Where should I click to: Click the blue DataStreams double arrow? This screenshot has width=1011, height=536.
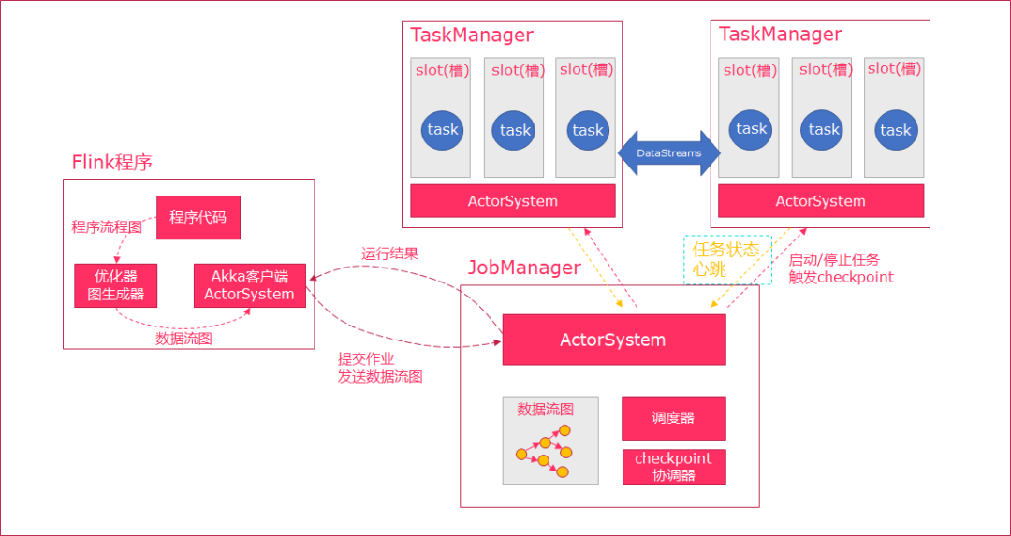[x=668, y=152]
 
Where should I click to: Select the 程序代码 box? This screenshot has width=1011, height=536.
[x=198, y=217]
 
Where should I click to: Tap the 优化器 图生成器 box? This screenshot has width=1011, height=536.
[x=116, y=285]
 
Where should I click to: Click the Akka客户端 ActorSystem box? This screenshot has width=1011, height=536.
[x=249, y=285]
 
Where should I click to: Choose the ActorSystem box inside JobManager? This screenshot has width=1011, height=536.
[x=613, y=340]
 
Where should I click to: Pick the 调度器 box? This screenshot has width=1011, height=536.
[x=673, y=418]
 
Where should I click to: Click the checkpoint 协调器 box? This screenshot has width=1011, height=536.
[x=673, y=467]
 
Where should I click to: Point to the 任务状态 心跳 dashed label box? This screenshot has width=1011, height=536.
[x=727, y=260]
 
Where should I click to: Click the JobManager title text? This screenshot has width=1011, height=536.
[x=524, y=268]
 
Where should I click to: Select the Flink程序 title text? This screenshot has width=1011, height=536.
[x=112, y=163]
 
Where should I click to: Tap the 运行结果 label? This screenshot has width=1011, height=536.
[x=389, y=254]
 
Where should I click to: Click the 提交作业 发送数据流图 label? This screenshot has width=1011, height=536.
[x=379, y=368]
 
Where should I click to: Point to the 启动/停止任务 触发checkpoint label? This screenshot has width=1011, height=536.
[x=841, y=268]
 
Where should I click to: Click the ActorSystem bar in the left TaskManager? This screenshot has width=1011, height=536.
[x=512, y=201]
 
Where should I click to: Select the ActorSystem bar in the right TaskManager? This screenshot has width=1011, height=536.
[x=820, y=201]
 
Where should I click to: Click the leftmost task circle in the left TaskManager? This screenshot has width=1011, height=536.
[x=442, y=130]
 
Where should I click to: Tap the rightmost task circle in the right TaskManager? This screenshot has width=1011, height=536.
[x=895, y=130]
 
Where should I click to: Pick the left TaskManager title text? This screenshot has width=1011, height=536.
[x=472, y=36]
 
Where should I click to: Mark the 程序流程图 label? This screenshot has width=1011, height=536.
[x=107, y=227]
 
